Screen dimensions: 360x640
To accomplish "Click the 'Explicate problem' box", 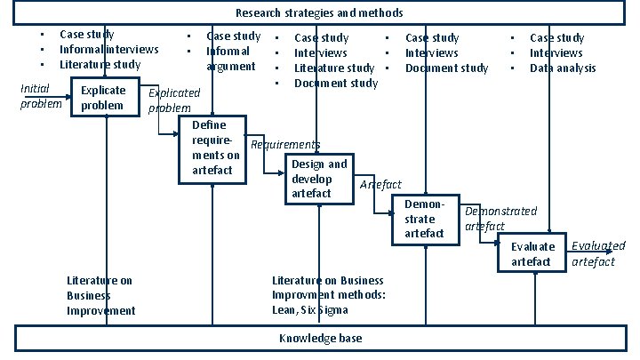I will click(103, 99).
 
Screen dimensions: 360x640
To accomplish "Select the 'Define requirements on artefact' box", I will click(212, 148).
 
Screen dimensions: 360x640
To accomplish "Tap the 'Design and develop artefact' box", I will click(318, 179).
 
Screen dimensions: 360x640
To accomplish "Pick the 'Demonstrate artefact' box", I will click(425, 219).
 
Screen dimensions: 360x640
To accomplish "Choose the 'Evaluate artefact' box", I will click(532, 254).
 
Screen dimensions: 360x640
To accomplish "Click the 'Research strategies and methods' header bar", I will click(319, 13).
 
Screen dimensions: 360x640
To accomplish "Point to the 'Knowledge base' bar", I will click(319, 339).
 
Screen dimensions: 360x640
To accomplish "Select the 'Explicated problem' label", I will click(174, 100).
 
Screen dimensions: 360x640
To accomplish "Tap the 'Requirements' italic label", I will click(285, 145).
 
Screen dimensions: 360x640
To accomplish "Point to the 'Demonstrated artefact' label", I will click(500, 219).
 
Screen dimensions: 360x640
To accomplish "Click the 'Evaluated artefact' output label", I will click(597, 253).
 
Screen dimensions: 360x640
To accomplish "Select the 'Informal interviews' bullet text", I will click(108, 50).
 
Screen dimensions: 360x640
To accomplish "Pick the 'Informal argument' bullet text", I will click(231, 59).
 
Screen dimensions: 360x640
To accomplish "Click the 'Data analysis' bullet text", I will click(563, 68).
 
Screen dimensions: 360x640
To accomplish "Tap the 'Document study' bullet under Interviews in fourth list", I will click(446, 68).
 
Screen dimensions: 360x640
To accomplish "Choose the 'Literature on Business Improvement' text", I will click(100, 295).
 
